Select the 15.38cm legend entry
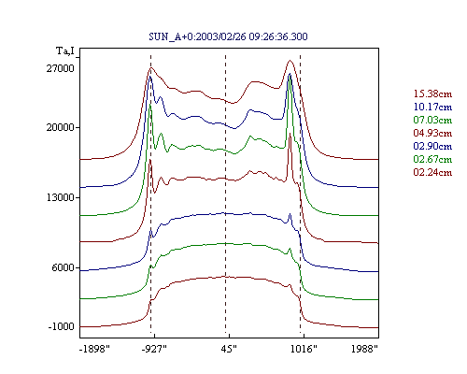click(432, 93)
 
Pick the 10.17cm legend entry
click(432, 107)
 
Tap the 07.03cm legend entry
click(432, 120)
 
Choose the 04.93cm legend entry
click(432, 133)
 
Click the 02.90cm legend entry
click(432, 146)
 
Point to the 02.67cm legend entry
click(432, 159)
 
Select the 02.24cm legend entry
click(432, 172)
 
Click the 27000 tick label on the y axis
click(61, 68)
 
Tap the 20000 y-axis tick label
click(61, 127)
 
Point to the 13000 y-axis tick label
click(61, 197)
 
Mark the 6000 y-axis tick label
click(64, 267)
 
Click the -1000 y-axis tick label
click(62, 326)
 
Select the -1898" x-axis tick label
click(94, 349)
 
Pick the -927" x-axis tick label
click(154, 349)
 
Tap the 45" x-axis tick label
click(229, 349)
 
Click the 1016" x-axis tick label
click(304, 349)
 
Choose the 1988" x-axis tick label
click(364, 349)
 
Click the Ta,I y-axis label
click(65, 50)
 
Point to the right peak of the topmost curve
click(290, 61)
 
